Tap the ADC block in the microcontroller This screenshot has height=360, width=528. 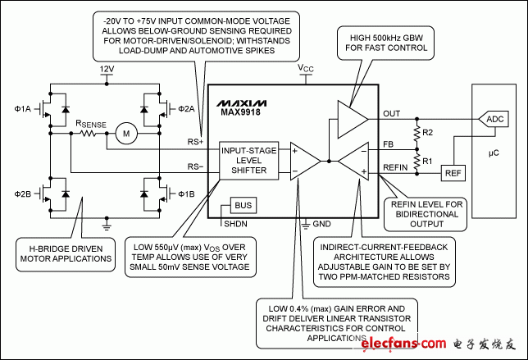[x=495, y=119]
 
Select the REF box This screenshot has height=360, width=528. [x=452, y=173]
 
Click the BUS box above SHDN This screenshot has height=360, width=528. [x=244, y=204]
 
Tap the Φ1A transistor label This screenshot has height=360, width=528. [x=23, y=107]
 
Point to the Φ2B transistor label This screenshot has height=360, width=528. [x=23, y=194]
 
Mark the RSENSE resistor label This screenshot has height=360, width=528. [x=91, y=124]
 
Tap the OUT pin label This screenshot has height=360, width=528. [x=393, y=114]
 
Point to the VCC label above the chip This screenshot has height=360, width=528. [x=305, y=69]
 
